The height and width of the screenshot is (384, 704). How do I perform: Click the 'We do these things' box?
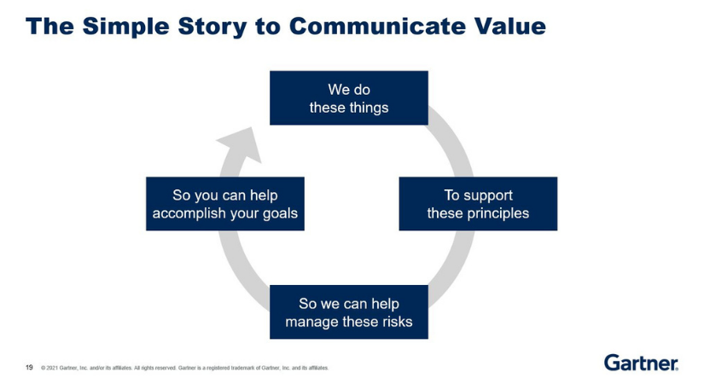click(348, 98)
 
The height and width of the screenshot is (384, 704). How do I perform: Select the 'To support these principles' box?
click(478, 204)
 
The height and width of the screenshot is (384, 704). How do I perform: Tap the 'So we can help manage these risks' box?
click(348, 312)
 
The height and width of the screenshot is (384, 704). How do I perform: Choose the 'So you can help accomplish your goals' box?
click(224, 204)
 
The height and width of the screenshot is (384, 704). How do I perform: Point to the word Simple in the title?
click(124, 26)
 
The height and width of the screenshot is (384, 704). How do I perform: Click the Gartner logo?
click(641, 363)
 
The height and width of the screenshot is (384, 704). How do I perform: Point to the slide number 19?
click(29, 368)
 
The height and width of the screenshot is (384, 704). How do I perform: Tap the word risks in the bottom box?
click(396, 322)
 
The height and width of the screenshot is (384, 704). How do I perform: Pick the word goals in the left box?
click(279, 213)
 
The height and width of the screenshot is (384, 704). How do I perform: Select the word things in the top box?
click(369, 108)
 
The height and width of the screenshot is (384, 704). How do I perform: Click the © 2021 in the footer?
click(49, 369)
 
